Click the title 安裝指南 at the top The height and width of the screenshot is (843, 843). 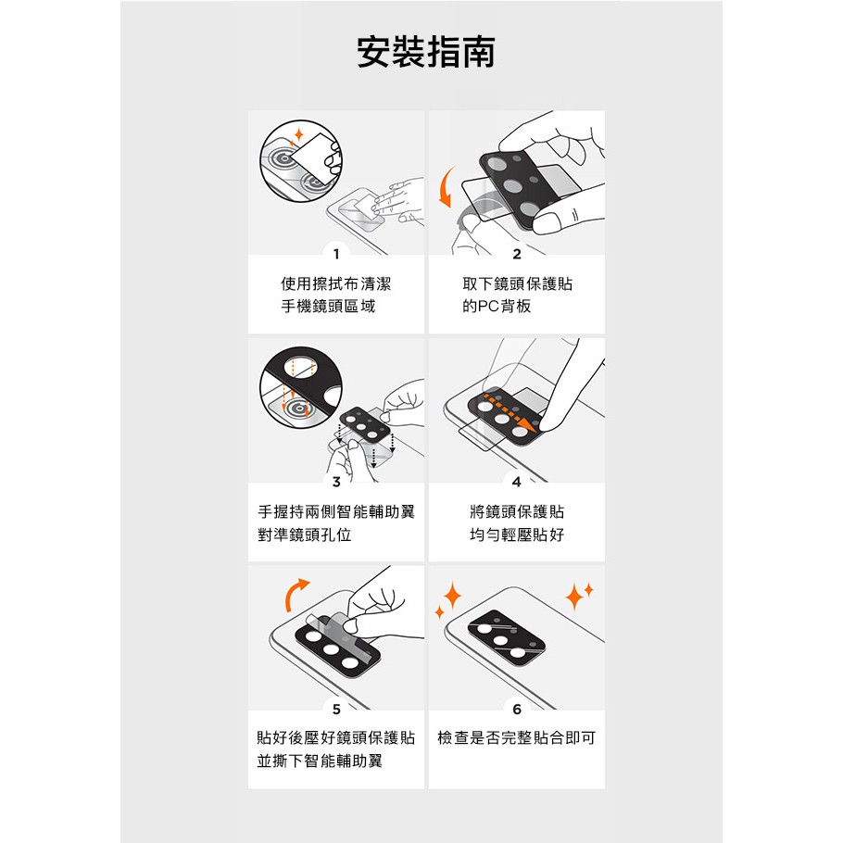click(425, 52)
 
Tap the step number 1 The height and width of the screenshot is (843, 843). click(336, 254)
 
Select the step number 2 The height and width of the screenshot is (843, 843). click(517, 254)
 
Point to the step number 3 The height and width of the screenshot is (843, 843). click(336, 482)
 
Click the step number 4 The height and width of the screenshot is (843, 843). click(517, 482)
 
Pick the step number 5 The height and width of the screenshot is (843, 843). click(336, 709)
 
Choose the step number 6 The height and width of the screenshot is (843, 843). click(517, 709)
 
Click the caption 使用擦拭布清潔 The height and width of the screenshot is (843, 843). click(336, 283)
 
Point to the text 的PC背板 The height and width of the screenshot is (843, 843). click(497, 307)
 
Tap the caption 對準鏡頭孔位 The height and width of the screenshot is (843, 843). click(304, 535)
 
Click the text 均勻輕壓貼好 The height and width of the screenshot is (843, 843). click(517, 535)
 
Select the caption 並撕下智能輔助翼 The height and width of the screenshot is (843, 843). click(320, 761)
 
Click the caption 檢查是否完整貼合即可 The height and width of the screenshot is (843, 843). click(517, 738)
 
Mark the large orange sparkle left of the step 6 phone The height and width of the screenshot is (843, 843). click(452, 595)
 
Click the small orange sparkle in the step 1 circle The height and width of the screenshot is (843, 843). click(299, 134)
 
